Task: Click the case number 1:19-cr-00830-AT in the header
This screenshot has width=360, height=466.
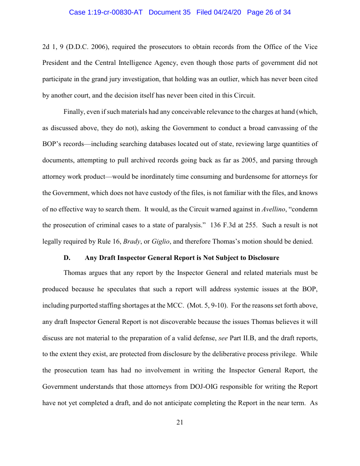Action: (106, 12)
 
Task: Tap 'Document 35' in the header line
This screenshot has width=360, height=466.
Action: (170, 12)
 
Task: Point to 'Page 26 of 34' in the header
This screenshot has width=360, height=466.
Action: (269, 12)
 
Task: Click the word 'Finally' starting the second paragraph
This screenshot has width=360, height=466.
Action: (74, 112)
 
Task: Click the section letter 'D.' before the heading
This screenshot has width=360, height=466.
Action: (67, 258)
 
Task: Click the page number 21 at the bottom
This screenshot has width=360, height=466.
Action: (180, 422)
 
